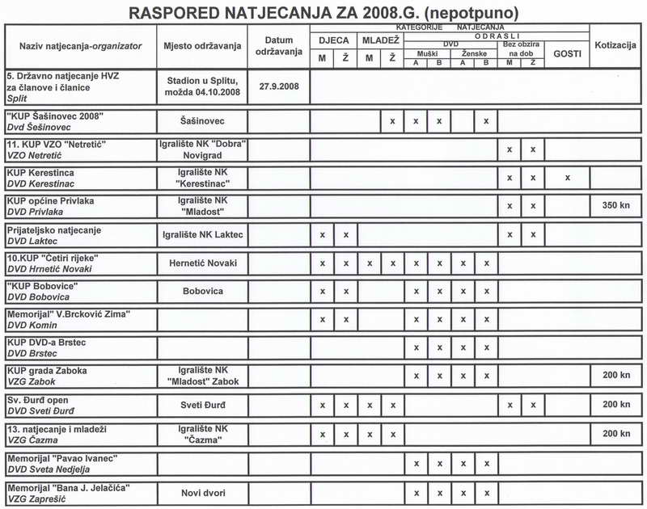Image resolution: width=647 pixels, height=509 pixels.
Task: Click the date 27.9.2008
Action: (x=277, y=85)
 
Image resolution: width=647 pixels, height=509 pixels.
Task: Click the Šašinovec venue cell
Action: (x=203, y=120)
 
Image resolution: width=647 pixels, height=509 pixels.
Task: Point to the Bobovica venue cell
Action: (x=203, y=290)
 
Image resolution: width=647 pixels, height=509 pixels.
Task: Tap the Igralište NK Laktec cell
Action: (x=203, y=234)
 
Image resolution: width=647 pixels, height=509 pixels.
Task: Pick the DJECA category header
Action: (x=333, y=39)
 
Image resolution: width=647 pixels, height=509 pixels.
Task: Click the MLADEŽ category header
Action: (x=380, y=39)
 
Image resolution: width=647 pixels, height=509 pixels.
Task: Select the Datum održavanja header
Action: (x=278, y=46)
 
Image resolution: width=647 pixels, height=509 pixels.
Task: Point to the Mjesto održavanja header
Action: (x=203, y=46)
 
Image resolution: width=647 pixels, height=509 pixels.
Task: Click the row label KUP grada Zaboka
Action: (x=47, y=370)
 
